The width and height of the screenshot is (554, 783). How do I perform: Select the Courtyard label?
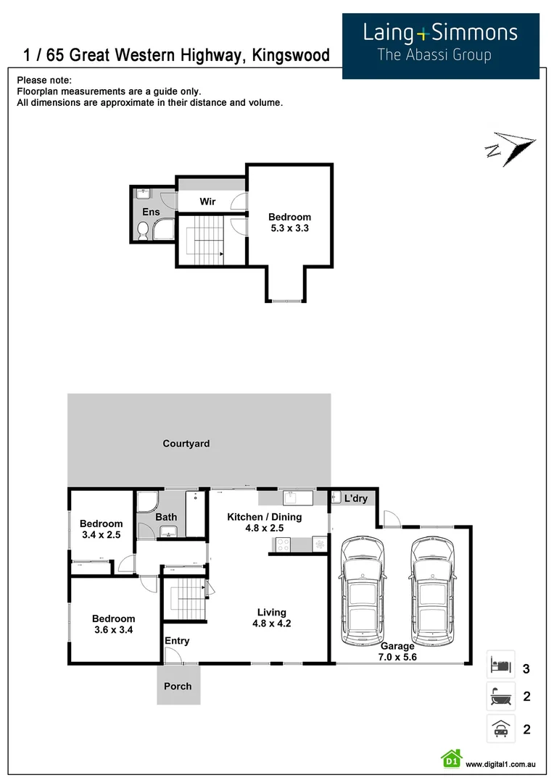coord(186,444)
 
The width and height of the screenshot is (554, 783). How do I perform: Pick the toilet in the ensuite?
coord(143,231)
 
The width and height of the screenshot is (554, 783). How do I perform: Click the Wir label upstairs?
coord(208,202)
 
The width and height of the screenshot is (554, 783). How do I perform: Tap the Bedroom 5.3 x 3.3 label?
coord(289,223)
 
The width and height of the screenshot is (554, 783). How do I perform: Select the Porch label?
coord(178,686)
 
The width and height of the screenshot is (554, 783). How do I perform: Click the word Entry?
coord(177,641)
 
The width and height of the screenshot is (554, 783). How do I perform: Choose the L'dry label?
coord(356,499)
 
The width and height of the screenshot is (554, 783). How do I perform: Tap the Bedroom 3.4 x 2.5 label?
coord(101,529)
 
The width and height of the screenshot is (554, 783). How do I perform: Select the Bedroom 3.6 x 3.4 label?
coord(113,624)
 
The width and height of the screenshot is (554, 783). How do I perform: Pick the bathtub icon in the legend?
coord(500,697)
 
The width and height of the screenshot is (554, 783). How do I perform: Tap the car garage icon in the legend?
coord(500,729)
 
